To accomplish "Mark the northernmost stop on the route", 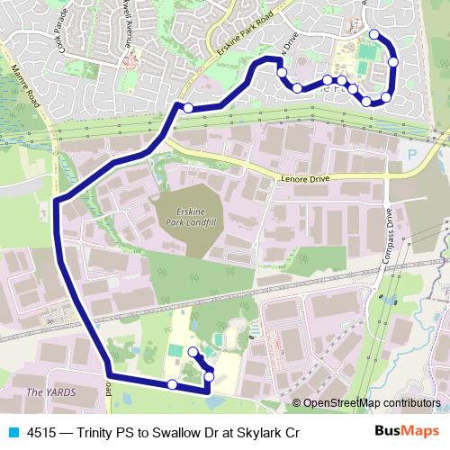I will coord(374,34).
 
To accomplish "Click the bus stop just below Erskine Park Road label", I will coord(188,108).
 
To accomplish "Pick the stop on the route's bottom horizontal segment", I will coord(172,384).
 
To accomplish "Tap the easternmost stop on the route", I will coord(394,61).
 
